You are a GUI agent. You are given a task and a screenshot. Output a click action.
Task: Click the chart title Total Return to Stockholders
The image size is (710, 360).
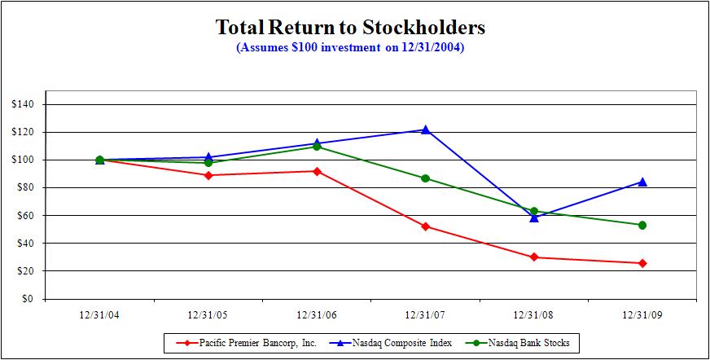[350, 28]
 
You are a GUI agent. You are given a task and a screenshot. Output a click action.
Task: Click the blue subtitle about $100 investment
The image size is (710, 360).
[350, 47]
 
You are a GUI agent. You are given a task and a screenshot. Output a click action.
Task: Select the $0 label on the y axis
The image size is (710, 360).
[28, 299]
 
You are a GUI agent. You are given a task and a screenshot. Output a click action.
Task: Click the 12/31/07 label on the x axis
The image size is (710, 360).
[425, 314]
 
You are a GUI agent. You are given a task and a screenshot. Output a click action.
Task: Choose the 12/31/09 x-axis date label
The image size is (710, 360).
[642, 314]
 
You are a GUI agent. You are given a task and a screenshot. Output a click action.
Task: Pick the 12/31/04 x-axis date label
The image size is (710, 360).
[99, 314]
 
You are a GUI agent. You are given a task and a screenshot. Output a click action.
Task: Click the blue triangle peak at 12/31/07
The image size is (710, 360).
[425, 130]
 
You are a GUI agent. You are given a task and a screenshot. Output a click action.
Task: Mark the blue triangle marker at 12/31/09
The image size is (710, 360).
[642, 182]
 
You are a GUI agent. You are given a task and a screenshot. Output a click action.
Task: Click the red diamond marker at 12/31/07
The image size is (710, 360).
[425, 226]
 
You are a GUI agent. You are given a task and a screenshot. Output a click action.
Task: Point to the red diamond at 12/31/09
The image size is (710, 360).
[642, 263]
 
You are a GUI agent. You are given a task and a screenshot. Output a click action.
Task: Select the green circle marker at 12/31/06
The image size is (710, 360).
[317, 147]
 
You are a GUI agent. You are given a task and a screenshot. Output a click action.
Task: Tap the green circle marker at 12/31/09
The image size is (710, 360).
[642, 225]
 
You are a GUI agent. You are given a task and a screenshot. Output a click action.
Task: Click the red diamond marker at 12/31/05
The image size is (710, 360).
[208, 175]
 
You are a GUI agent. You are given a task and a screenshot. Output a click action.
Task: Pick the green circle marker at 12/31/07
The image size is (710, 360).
[425, 178]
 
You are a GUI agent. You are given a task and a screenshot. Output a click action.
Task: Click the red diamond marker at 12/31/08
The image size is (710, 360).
[534, 257]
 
